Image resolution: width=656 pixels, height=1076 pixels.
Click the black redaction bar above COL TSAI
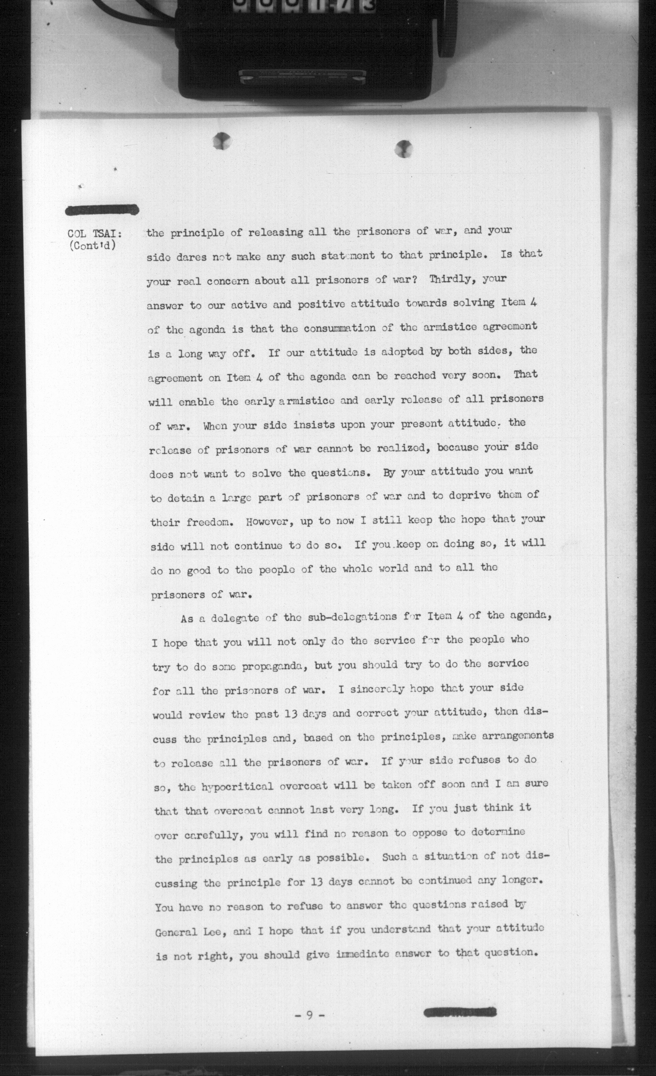tap(102, 210)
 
